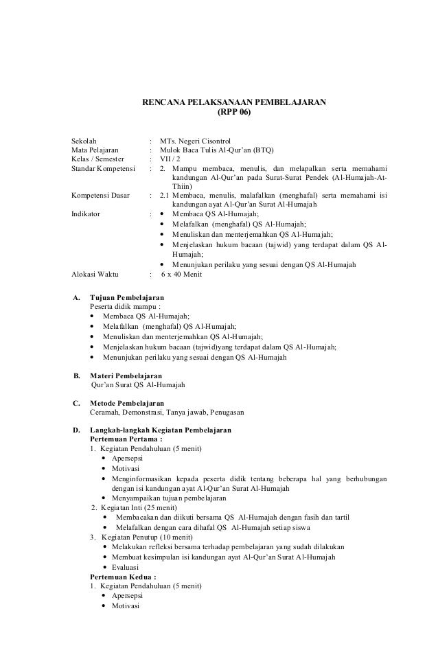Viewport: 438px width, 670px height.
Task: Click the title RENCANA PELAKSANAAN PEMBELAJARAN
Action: (x=233, y=103)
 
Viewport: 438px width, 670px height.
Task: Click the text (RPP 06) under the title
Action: (x=233, y=113)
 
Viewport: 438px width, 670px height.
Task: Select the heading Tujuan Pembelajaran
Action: (x=127, y=297)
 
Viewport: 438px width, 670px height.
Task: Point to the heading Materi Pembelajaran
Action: (x=126, y=376)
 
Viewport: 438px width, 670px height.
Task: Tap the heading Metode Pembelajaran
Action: (x=127, y=403)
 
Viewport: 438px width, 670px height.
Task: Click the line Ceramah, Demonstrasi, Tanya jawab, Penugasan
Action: (x=162, y=413)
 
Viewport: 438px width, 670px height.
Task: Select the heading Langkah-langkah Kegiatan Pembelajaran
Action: (x=161, y=430)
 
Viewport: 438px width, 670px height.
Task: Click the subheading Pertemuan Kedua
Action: (x=123, y=577)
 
